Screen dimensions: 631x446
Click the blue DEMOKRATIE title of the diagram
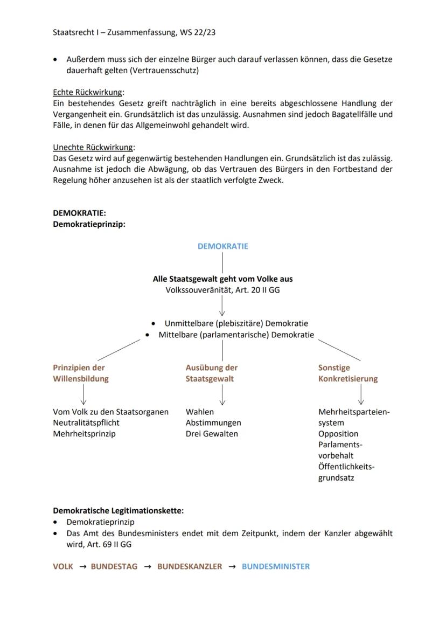click(222, 246)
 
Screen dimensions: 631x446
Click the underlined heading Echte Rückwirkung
click(88, 92)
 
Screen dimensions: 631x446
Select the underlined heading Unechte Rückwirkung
click(93, 147)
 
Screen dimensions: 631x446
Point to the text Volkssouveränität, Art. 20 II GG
click(222, 290)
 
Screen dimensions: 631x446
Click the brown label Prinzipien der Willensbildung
click(80, 373)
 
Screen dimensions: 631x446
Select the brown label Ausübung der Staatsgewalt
click(212, 373)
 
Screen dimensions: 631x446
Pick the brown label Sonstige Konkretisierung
click(347, 373)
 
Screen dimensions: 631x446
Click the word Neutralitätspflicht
click(86, 422)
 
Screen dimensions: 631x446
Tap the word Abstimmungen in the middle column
click(213, 422)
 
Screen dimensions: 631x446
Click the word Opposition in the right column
click(338, 434)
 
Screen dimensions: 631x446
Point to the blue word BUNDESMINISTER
click(275, 566)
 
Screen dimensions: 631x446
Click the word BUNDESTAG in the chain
click(114, 566)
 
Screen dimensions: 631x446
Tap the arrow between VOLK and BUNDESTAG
click(82, 567)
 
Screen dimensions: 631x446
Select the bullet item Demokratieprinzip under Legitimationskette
click(100, 522)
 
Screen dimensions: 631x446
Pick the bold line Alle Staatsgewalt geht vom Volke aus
click(222, 279)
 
